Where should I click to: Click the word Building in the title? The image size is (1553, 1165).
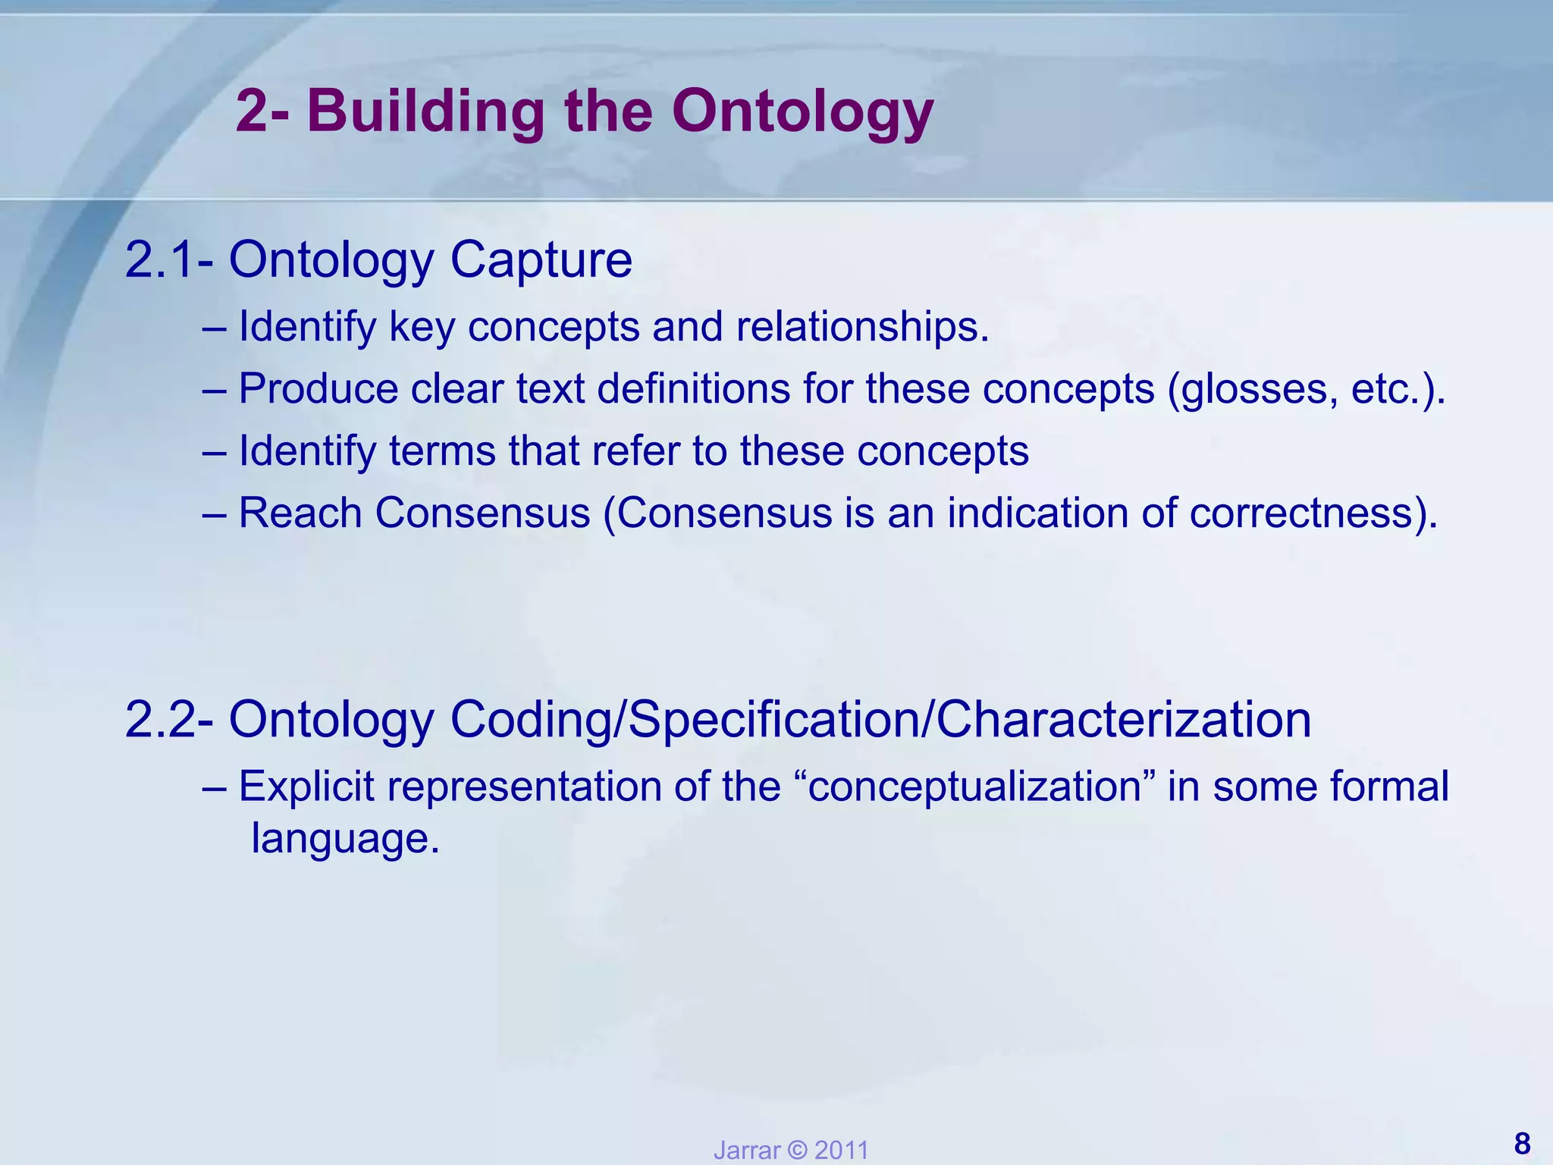click(425, 112)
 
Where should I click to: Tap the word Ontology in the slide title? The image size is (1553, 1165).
click(802, 112)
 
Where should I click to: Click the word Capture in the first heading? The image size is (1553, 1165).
click(541, 260)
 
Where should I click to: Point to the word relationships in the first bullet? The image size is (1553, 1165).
click(862, 327)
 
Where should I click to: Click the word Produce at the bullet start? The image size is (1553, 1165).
click(318, 389)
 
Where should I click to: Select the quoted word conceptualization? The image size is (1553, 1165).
click(975, 787)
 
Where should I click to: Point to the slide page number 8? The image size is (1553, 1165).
click(1522, 1144)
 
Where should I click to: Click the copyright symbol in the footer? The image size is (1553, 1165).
click(797, 1151)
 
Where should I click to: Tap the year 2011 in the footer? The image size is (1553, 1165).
click(841, 1151)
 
